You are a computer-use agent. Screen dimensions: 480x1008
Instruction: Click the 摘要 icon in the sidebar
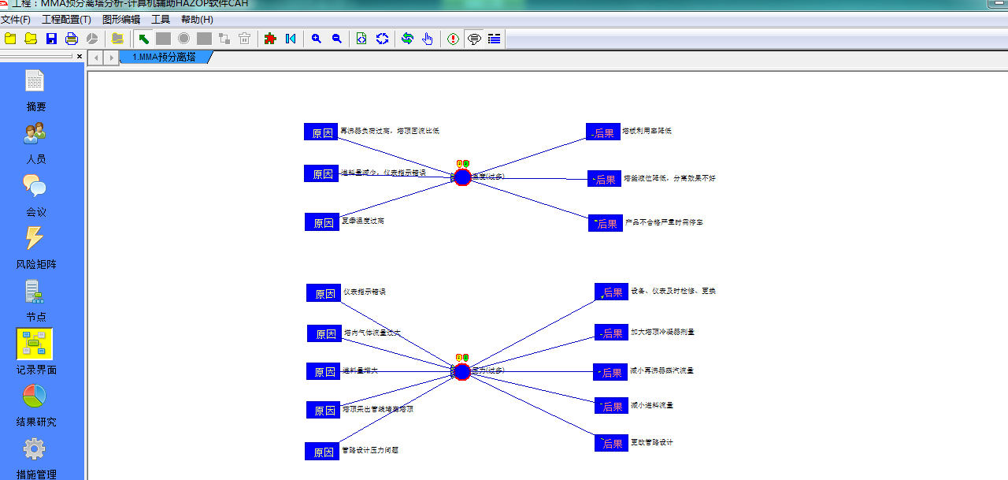click(x=35, y=81)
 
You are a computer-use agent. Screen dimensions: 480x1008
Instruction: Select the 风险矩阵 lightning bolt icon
click(x=35, y=238)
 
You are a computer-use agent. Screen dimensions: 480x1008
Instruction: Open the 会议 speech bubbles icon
click(x=35, y=186)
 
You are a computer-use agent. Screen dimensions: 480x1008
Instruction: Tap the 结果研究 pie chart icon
click(x=35, y=396)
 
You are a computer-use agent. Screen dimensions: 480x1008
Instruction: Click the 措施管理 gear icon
click(x=35, y=448)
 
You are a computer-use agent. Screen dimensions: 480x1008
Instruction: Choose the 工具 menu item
click(x=161, y=20)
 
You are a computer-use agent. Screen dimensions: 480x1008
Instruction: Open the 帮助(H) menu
click(x=197, y=20)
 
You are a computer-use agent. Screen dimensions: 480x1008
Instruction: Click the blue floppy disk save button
click(x=51, y=39)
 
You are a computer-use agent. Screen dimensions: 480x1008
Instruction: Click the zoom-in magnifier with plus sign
click(x=317, y=39)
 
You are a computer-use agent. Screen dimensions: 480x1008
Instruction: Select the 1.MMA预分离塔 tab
click(x=165, y=57)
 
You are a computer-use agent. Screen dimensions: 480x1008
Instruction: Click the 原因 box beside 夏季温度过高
click(x=321, y=222)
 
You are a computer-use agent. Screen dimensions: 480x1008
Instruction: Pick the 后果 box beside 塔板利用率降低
click(x=603, y=132)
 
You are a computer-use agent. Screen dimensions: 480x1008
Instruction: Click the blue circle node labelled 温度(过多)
click(x=462, y=177)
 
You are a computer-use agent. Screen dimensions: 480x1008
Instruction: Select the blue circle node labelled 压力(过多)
click(x=461, y=371)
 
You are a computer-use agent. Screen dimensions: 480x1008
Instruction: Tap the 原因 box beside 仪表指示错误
click(x=324, y=293)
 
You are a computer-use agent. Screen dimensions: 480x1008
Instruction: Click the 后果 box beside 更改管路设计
click(x=611, y=444)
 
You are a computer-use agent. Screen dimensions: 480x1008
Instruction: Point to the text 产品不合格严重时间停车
click(x=664, y=222)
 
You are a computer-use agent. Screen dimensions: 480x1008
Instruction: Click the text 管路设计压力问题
click(x=370, y=451)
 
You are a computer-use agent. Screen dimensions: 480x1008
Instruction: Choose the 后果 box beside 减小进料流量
click(x=611, y=406)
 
